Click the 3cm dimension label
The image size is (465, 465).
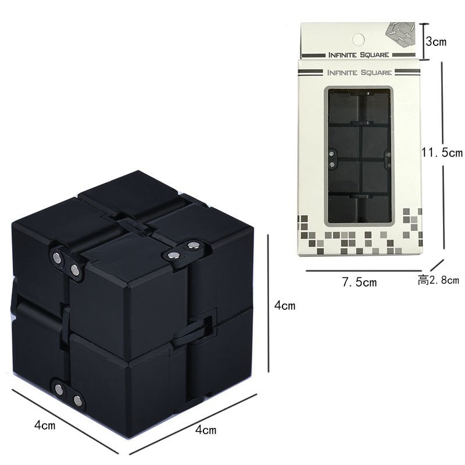436,41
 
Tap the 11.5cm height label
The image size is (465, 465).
442,152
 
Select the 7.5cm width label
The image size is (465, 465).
359,282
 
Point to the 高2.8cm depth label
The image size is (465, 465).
438,280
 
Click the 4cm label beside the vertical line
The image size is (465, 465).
285,305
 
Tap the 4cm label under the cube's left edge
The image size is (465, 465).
45,425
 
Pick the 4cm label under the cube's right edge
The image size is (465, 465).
206,430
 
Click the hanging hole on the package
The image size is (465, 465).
358,40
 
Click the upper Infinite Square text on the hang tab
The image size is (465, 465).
359,55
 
